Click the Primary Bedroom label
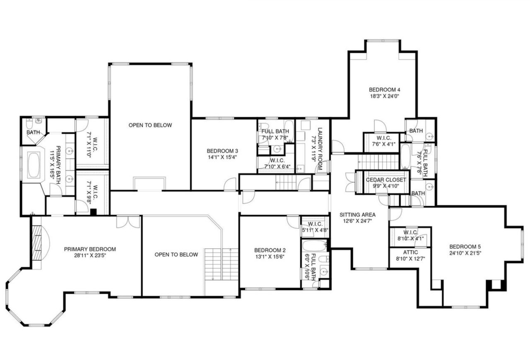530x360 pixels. pos(90,249)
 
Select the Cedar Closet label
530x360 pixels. pos(386,180)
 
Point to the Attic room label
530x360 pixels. pos(410,252)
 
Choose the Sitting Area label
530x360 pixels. pos(357,215)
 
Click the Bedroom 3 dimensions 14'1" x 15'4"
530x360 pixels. pos(223,157)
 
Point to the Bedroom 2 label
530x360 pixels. pos(270,250)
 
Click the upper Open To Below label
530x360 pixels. pos(150,125)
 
